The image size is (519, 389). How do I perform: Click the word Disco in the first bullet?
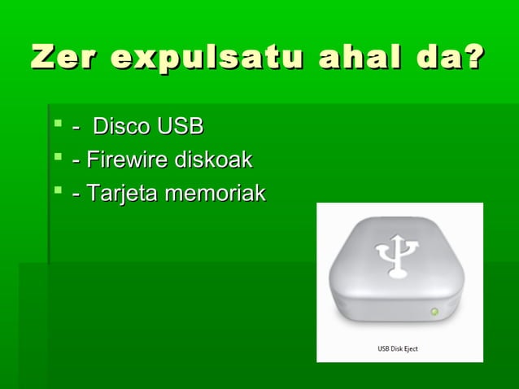click(x=120, y=127)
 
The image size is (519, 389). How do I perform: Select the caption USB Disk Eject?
click(x=397, y=349)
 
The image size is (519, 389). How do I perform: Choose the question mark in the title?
click(x=471, y=59)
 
